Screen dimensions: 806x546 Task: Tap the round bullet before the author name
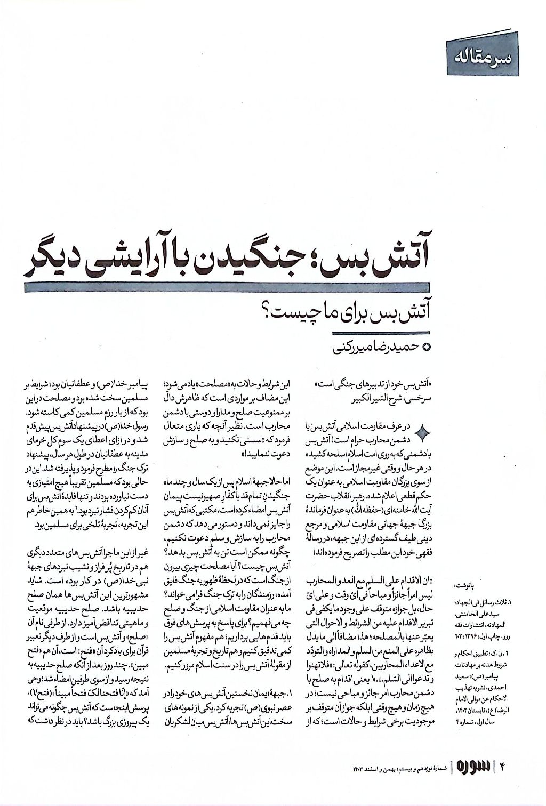425,349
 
